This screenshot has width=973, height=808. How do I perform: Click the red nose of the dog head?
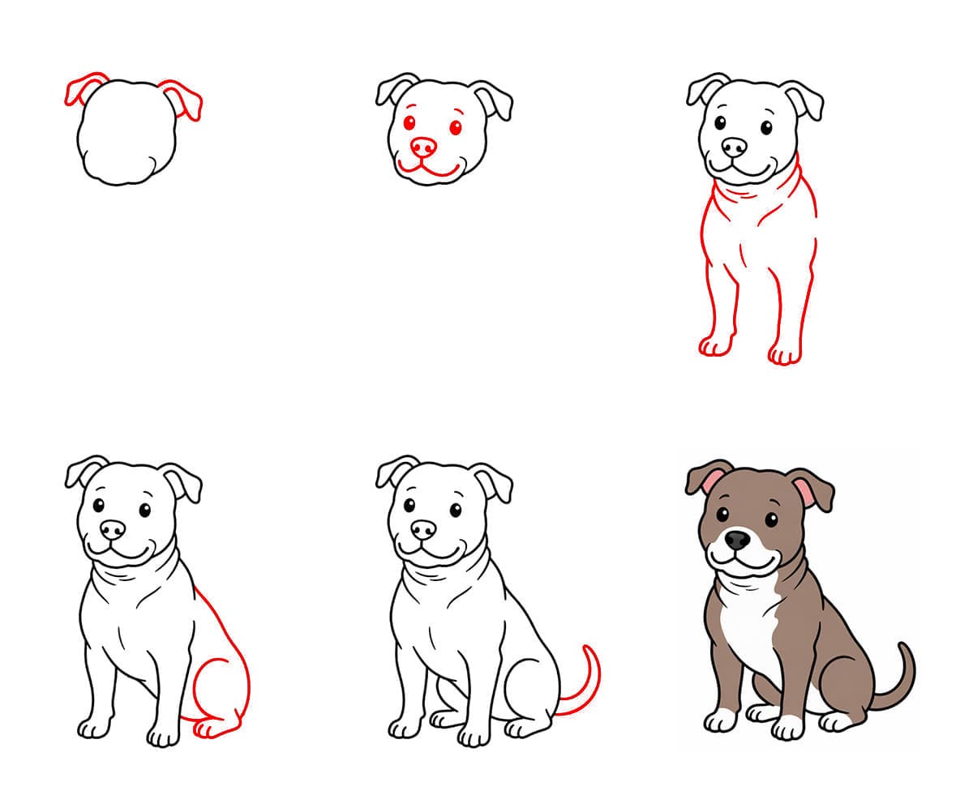pos(422,147)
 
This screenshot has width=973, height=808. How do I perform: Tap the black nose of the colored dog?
pos(736,539)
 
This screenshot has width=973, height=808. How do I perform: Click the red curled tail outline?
pos(589,681)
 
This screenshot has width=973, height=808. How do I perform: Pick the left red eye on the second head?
pos(409,123)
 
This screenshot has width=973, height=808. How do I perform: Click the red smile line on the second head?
pos(430,171)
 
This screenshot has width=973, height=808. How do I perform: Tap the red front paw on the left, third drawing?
pos(715,345)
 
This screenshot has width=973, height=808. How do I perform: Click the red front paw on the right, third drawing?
pos(784,354)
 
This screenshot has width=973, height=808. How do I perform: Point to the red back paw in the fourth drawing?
pos(212,727)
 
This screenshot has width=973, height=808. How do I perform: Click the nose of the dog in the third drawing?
pos(734,147)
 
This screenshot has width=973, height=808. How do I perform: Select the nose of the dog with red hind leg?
pos(113,529)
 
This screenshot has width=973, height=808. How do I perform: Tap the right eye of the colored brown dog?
pos(771,519)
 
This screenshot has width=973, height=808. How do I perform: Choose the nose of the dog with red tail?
pos(422,529)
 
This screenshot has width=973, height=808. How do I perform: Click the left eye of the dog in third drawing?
pos(719,124)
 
